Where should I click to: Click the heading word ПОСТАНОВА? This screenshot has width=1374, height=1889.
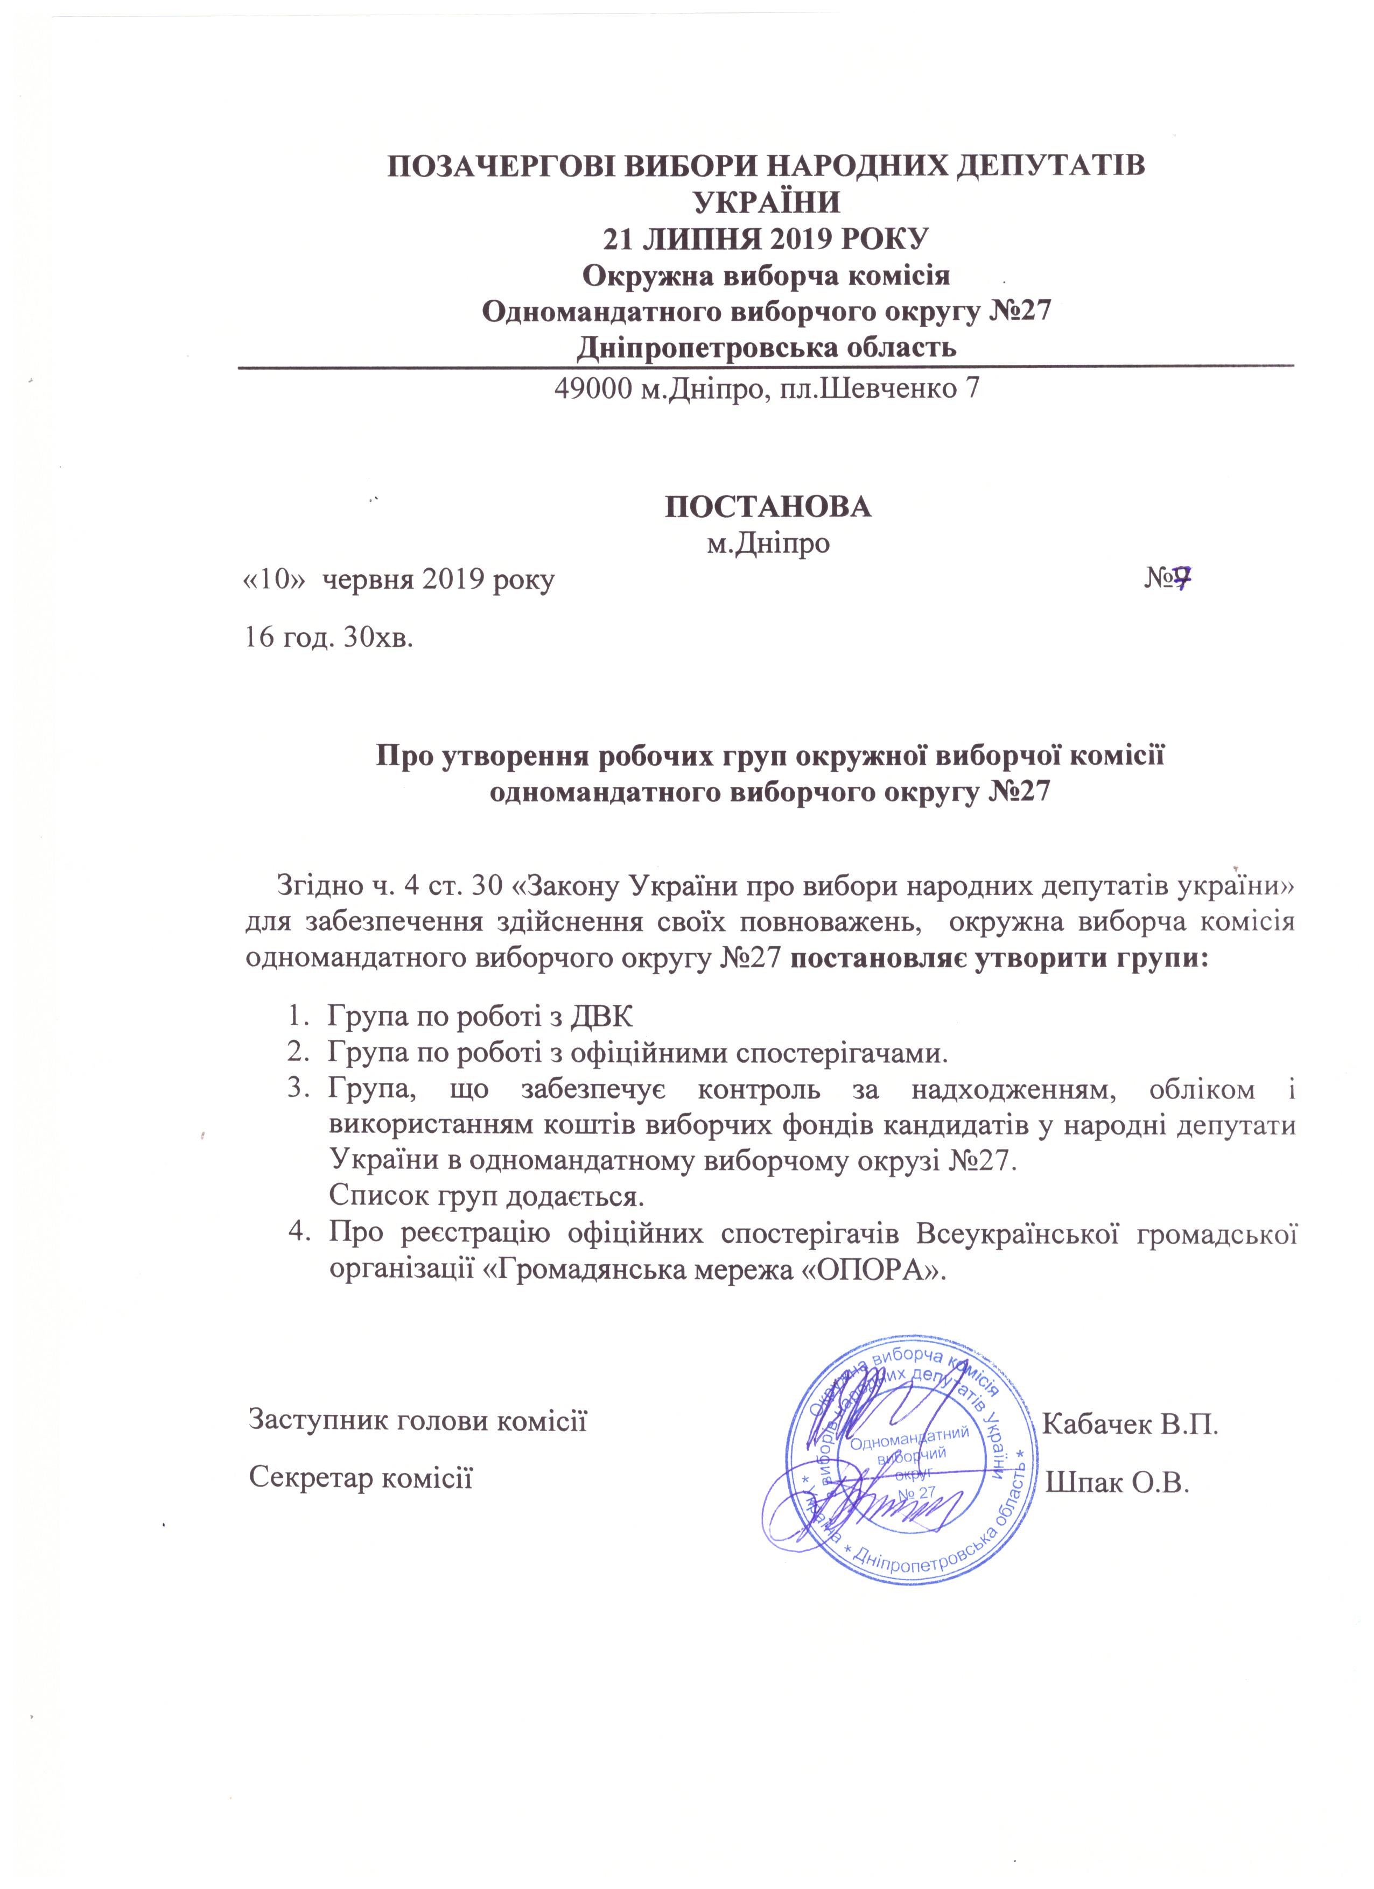tap(767, 507)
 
